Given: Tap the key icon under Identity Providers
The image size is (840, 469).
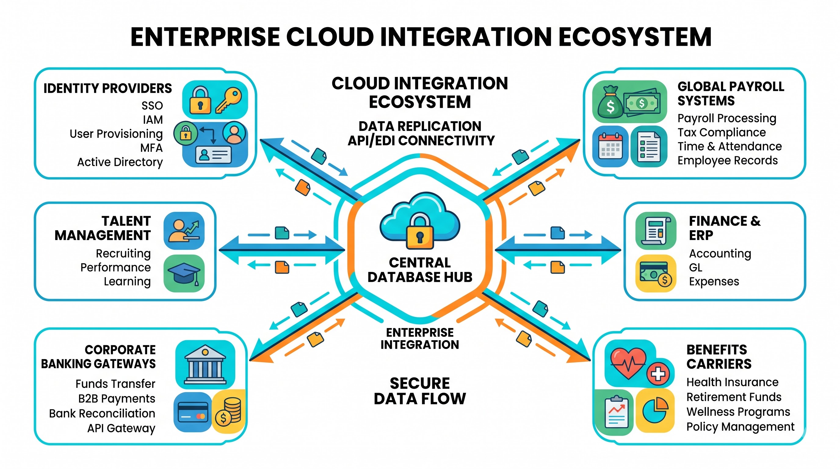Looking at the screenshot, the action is tap(229, 100).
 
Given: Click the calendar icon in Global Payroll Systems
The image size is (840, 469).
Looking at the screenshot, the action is tap(610, 147).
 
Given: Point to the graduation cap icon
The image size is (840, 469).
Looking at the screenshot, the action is tap(184, 274).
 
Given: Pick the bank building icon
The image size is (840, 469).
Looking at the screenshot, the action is tap(205, 364).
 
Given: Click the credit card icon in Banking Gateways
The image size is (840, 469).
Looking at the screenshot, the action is tap(193, 412).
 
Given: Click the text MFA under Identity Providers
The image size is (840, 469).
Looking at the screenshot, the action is tap(151, 148).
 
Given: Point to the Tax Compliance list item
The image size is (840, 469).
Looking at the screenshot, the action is tap(722, 133).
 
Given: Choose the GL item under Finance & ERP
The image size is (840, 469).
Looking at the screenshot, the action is tap(696, 267).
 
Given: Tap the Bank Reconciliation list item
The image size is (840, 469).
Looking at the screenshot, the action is tap(102, 413).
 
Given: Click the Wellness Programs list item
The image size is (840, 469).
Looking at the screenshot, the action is tap(738, 412).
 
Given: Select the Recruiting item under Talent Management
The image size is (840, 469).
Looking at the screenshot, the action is tap(123, 253).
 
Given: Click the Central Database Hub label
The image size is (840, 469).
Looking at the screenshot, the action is tap(420, 270).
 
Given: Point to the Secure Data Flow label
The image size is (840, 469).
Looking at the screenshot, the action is tap(420, 391).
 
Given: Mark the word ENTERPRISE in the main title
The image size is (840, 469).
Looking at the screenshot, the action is tap(205, 37).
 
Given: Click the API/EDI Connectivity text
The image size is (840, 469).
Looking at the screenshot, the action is tap(421, 141).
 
